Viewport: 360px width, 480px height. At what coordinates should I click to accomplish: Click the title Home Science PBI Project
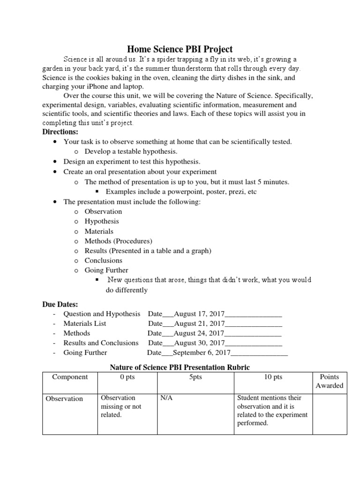pos(180,49)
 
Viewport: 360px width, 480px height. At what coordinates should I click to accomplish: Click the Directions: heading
pos(60,132)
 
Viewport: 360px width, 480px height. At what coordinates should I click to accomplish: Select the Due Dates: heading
pos(60,304)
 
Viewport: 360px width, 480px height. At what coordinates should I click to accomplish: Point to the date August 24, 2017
pos(199,333)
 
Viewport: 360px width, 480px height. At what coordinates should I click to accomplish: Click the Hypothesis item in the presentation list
pos(102,221)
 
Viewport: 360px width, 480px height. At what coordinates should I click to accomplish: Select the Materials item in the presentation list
pos(99,231)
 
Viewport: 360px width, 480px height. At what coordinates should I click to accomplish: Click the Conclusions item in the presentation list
pos(103,260)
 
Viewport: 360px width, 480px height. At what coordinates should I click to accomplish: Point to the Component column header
pos(69,377)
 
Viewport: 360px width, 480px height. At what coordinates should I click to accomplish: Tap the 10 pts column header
pos(273,377)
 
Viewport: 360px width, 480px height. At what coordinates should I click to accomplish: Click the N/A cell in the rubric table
pos(166,398)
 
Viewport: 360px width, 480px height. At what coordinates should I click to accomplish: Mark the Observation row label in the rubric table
pos(64,399)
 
